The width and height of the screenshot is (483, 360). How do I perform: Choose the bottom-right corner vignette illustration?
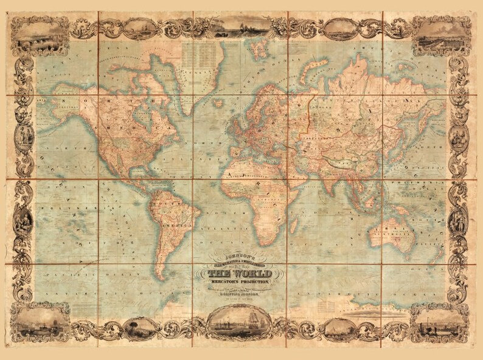(x=439, y=322)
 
